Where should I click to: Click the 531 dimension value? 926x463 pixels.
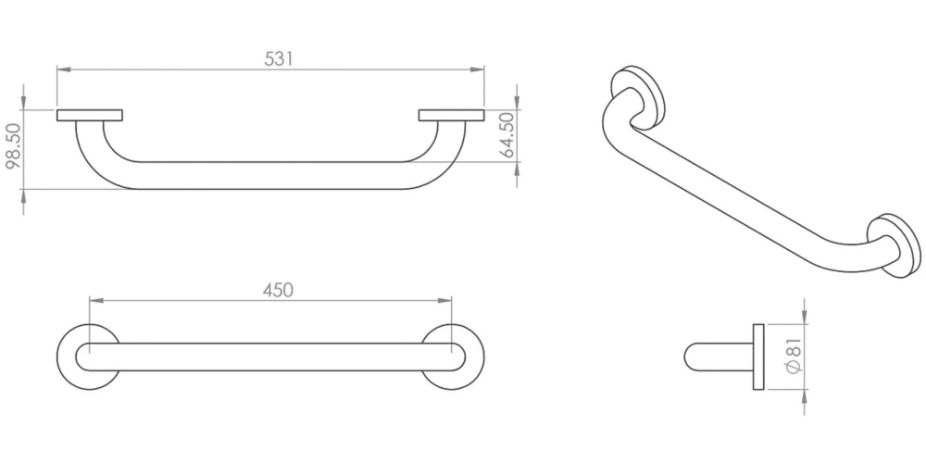pos(278,58)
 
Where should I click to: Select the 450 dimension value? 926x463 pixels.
pos(278,289)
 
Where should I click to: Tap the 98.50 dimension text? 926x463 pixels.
pos(13,146)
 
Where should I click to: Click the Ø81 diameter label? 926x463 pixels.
pos(795,356)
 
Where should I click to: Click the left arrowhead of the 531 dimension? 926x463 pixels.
pos(64,69)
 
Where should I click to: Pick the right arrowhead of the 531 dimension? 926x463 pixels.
pos(477,69)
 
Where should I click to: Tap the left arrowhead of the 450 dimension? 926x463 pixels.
pos(95,301)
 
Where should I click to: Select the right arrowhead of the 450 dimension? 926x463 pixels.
pos(444,301)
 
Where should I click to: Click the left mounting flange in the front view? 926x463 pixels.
pos(90,115)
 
